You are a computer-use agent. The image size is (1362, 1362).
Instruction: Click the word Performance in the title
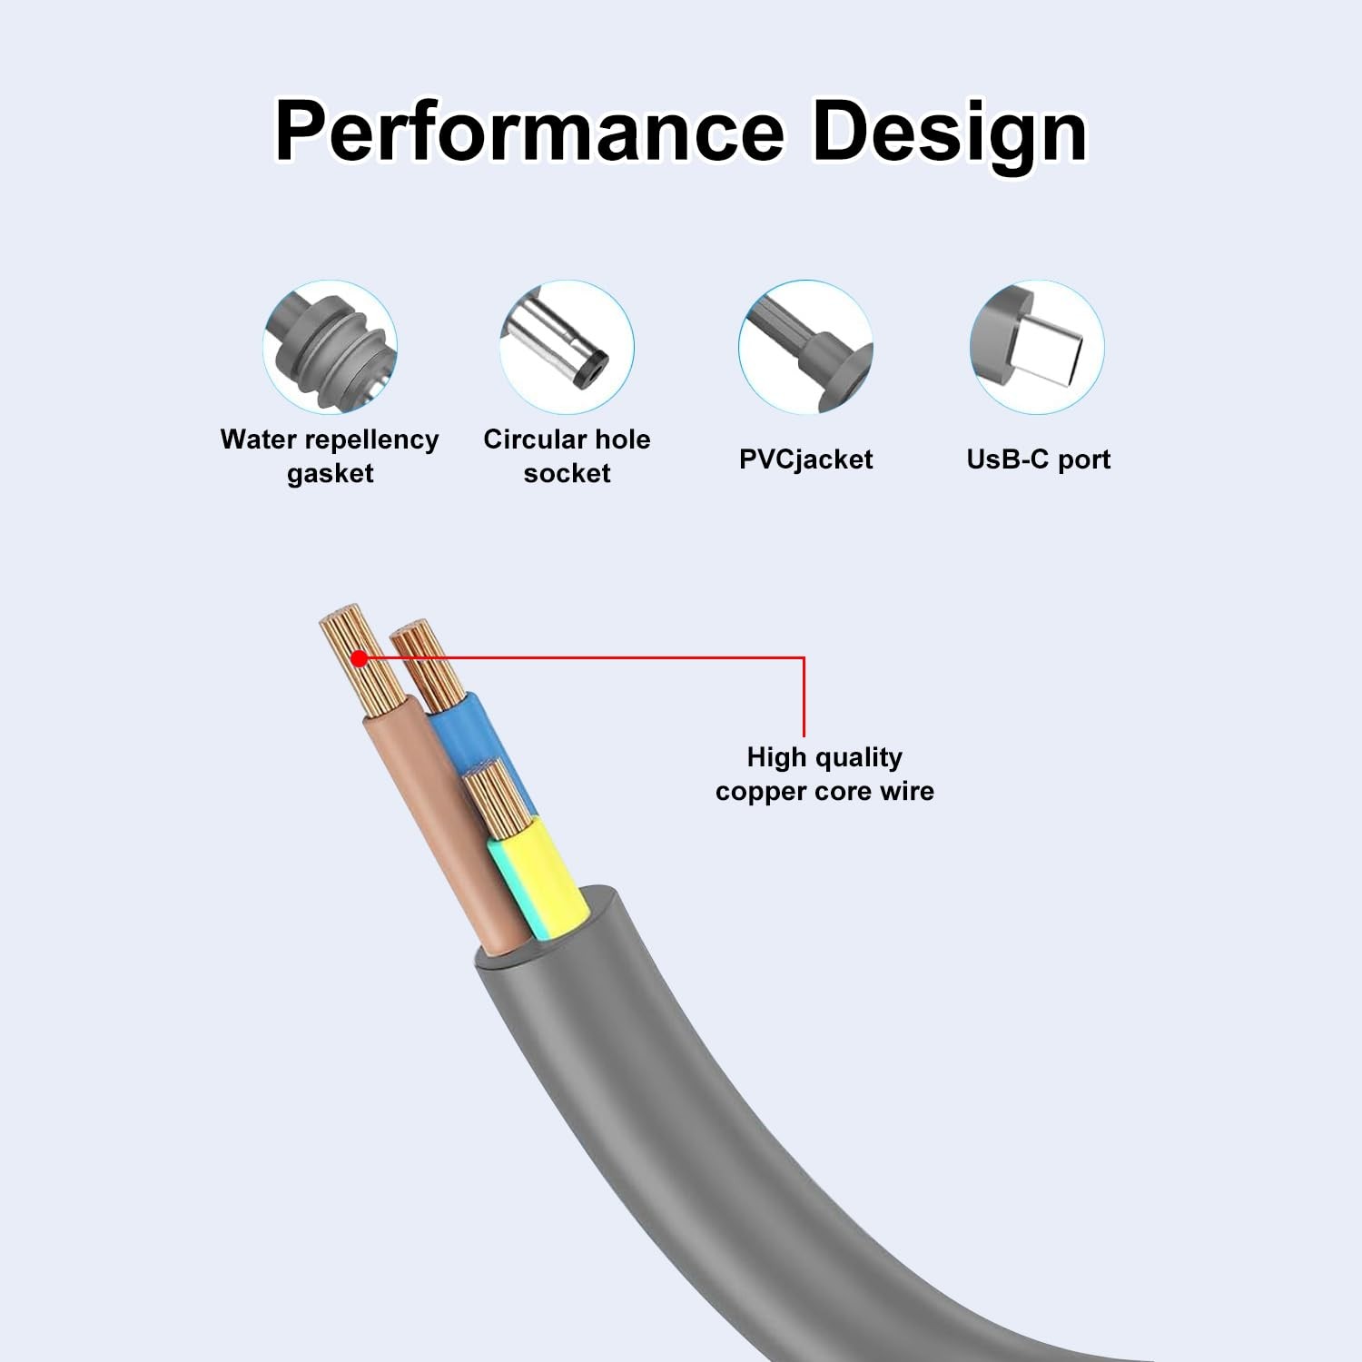point(529,132)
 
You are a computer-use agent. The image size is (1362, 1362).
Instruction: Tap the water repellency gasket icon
point(331,347)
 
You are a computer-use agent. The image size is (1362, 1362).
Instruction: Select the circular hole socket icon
point(567,347)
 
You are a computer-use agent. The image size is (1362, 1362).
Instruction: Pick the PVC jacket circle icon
point(805,347)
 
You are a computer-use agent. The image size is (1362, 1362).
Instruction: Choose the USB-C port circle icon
point(1037,347)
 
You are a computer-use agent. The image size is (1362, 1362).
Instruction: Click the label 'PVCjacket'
point(805,459)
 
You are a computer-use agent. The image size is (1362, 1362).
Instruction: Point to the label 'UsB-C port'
point(1038,459)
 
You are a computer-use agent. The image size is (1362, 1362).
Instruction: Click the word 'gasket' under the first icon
point(331,473)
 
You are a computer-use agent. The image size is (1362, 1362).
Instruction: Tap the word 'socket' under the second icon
point(567,473)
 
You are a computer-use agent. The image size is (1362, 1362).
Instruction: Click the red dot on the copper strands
point(359,658)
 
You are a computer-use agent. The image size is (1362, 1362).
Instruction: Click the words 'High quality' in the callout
point(824,757)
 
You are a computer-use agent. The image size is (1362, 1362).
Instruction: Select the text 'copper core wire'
point(824,791)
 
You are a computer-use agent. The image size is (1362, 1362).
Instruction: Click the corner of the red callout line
point(804,657)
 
